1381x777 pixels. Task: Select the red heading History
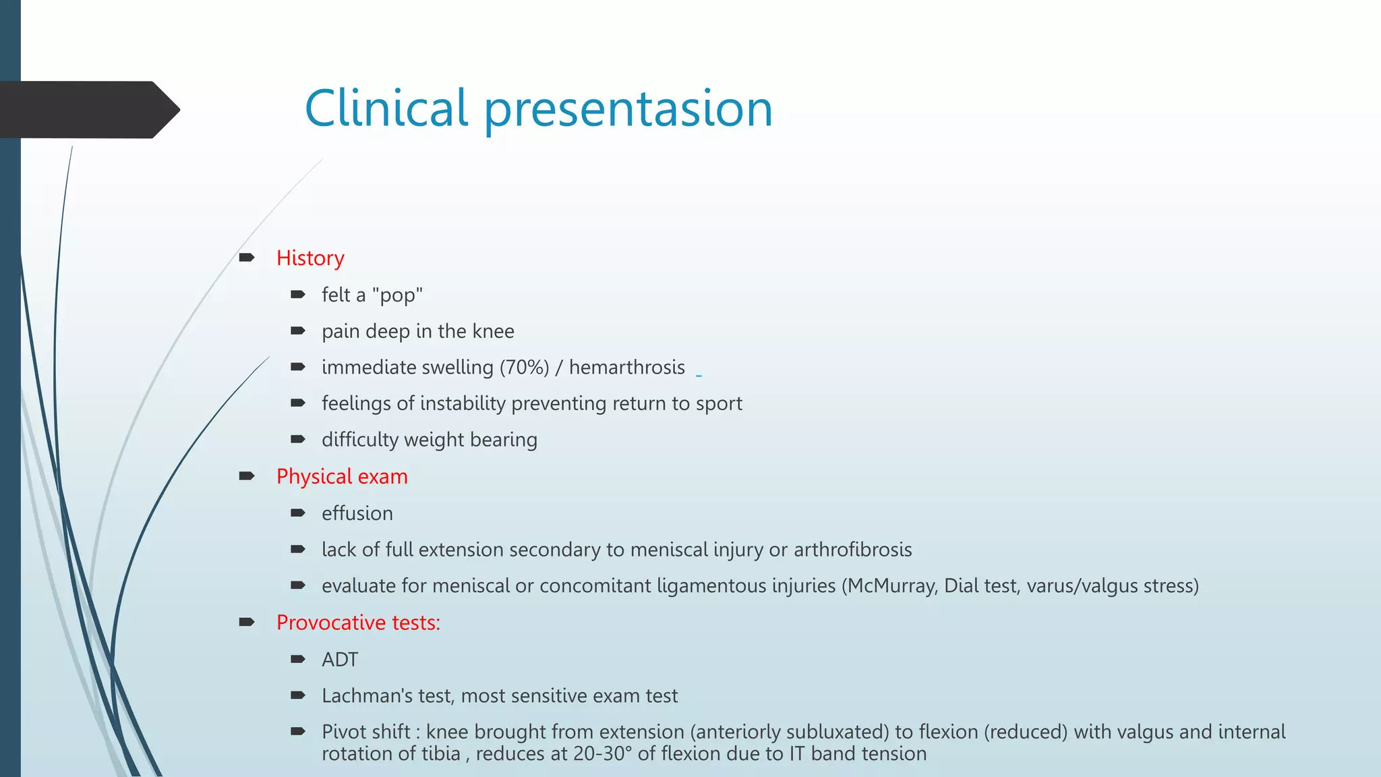(310, 258)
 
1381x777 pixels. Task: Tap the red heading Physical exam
(342, 477)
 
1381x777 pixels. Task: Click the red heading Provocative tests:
(358, 623)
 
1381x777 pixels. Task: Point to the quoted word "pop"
(397, 295)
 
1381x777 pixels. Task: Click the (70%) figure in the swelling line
(524, 368)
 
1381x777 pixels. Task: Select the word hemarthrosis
(626, 368)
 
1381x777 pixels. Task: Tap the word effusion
(357, 513)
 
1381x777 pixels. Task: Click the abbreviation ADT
(339, 660)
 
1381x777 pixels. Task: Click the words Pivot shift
(365, 732)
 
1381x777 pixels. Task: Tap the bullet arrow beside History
(246, 258)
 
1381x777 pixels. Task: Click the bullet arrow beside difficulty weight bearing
(298, 439)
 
